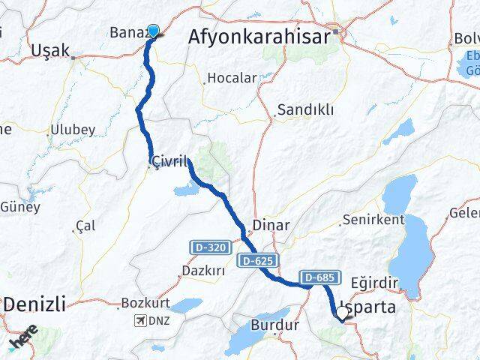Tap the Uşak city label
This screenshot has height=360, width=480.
coord(50,51)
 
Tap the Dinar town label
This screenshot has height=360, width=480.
coord(267,223)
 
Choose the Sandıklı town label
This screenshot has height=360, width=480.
coord(305,110)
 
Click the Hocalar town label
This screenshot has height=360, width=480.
coord(232,77)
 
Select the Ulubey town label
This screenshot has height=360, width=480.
coord(72,130)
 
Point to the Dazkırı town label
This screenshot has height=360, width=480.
coord(203,271)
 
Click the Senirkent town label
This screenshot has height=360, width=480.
coord(373,220)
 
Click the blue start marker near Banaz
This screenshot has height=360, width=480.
coord(154,31)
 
